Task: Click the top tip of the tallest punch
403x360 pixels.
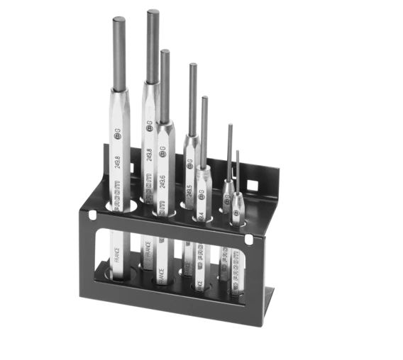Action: [x=153, y=12]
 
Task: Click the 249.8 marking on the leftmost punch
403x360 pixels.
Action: [x=116, y=166]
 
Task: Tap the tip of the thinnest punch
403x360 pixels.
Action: [x=238, y=152]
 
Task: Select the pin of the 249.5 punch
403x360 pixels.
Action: [x=192, y=99]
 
